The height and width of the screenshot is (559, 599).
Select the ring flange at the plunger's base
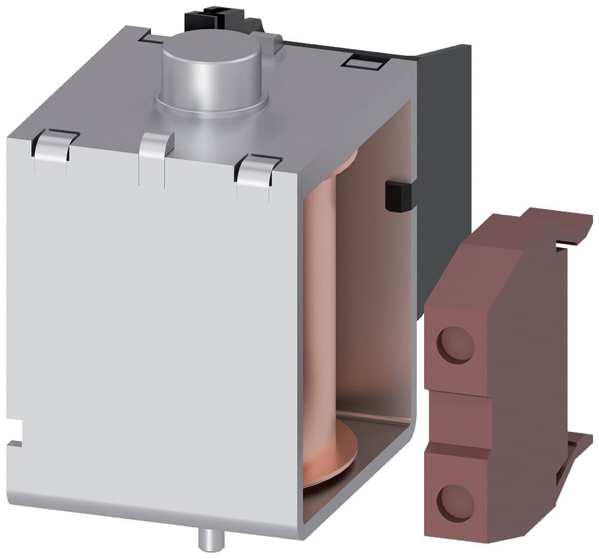(x=211, y=105)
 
